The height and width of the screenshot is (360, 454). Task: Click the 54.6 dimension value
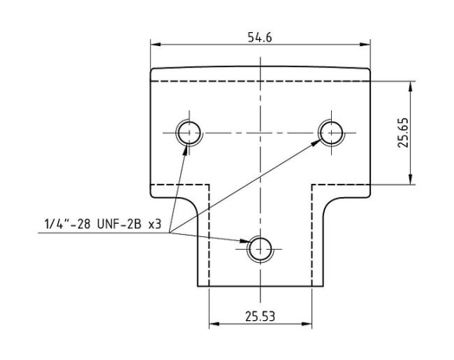click(260, 38)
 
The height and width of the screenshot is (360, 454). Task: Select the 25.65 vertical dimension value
click(403, 132)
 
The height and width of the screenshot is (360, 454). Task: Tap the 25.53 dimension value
click(260, 316)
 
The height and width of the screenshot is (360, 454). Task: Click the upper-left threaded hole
click(189, 132)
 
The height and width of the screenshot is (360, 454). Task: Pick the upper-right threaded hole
click(331, 132)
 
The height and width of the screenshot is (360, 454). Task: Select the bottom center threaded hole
click(261, 249)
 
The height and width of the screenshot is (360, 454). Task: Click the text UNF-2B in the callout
click(119, 224)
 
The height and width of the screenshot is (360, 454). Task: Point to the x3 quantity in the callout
click(155, 225)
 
